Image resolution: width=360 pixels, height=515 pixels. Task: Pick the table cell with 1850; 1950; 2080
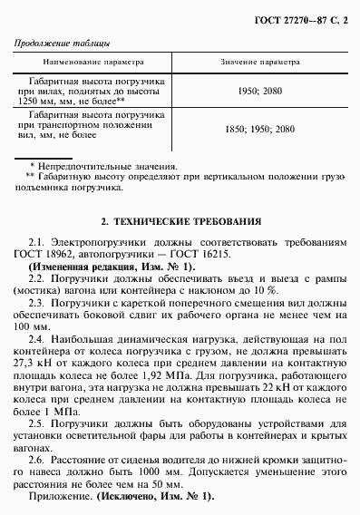(x=259, y=129)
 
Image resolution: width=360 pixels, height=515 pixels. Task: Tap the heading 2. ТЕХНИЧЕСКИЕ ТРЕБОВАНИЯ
(x=180, y=220)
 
